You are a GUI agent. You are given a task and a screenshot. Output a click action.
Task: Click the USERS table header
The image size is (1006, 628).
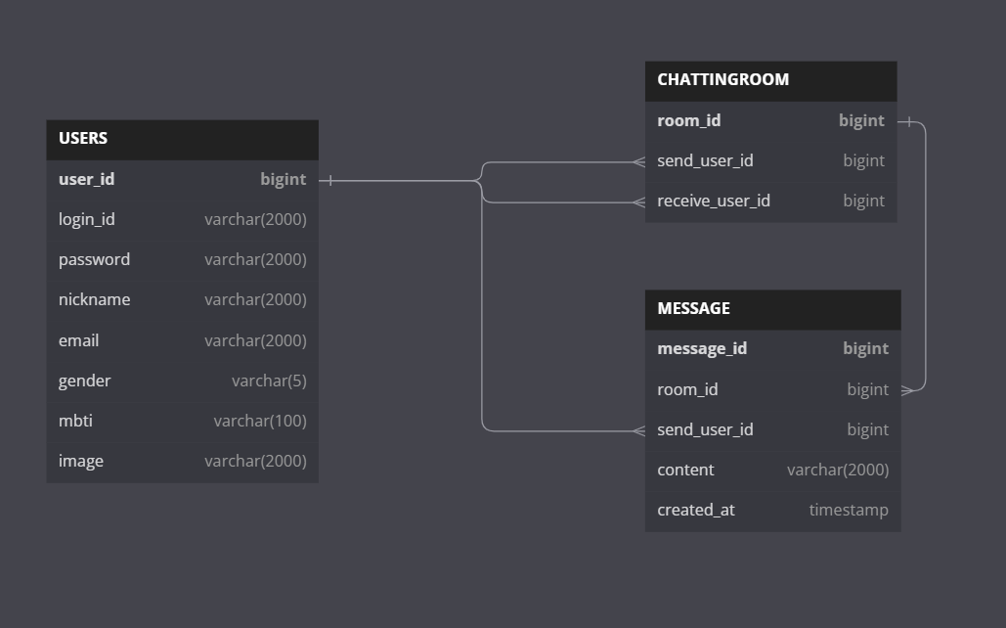coord(83,139)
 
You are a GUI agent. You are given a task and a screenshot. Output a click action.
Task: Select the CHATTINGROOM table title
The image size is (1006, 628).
coord(722,80)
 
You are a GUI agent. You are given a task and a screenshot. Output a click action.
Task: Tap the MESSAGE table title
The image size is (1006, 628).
coord(693,309)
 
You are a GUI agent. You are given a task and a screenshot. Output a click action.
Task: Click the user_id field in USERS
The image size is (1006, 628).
coord(86,180)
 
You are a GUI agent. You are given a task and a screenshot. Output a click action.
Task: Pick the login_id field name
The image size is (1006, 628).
coord(86,220)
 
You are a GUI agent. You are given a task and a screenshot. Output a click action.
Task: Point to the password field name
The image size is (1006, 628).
coord(94,260)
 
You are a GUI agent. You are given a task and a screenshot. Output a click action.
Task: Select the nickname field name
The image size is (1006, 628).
coord(94,300)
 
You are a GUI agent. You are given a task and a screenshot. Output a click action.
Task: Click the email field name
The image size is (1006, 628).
coord(78,341)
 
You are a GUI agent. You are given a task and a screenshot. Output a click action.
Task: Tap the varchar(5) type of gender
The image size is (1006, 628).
coord(269,381)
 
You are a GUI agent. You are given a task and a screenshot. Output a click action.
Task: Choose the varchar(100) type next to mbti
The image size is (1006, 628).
coord(260,422)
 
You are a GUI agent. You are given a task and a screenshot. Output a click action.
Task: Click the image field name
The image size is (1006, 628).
coord(80,462)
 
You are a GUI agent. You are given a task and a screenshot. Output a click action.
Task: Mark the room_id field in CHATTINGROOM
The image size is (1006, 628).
coord(688,121)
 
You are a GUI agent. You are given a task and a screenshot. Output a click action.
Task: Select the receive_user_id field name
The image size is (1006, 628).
coord(713,202)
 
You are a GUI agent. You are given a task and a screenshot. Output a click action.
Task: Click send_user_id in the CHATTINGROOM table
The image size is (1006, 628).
coord(705,161)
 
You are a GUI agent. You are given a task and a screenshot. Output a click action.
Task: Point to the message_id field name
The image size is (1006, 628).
coord(702,349)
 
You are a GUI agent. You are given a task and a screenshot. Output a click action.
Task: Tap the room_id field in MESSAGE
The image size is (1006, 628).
coord(687,390)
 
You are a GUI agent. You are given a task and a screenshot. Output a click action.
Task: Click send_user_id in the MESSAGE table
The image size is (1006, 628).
coord(705,430)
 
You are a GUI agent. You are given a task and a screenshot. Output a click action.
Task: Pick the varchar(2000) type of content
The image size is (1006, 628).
coord(838,471)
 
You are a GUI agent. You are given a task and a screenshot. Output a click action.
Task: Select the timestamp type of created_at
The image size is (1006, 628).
coord(849,511)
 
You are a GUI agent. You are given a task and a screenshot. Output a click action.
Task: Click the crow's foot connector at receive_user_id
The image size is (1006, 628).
coord(638,202)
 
